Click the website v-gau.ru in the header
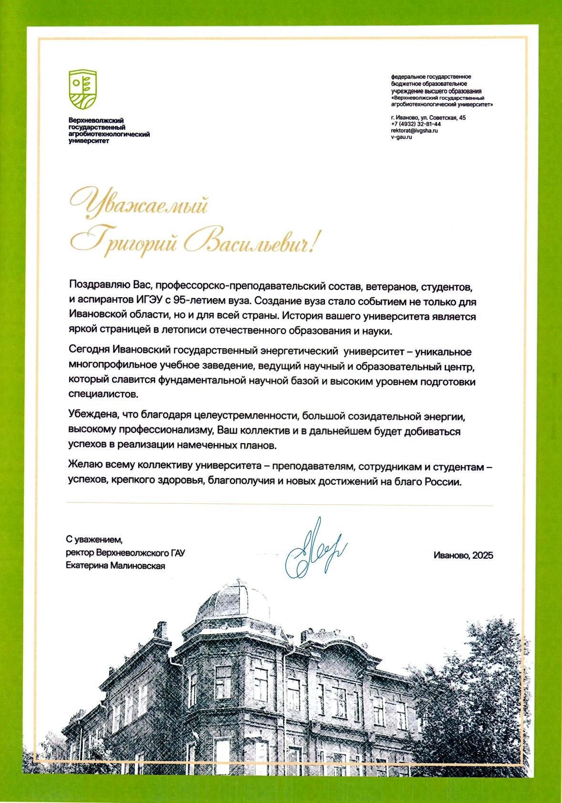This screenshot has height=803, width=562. (x=401, y=137)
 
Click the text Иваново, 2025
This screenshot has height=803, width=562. (x=463, y=555)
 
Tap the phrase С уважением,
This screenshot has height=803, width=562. (x=94, y=540)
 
